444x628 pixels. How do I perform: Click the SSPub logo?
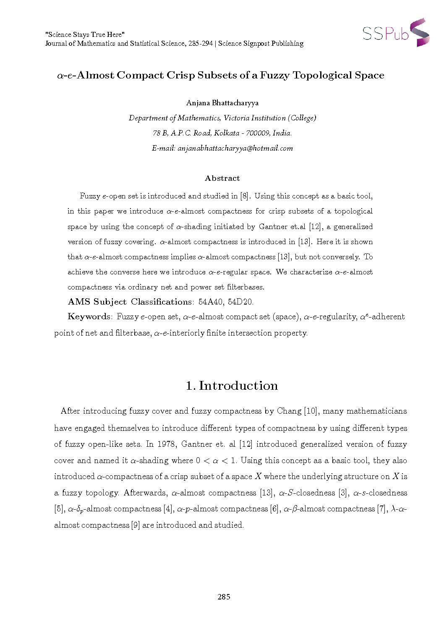[396, 32]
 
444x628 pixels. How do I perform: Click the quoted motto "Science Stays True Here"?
[85, 34]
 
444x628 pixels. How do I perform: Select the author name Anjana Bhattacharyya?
[222, 103]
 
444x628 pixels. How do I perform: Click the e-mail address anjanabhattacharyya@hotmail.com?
[235, 148]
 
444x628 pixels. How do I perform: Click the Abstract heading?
[222, 178]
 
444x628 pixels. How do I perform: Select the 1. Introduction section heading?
[232, 386]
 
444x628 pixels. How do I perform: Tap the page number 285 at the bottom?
[224, 597]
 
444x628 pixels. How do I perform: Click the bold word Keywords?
[89, 316]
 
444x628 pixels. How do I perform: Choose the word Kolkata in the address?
[227, 133]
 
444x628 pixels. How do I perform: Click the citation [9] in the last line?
[136, 525]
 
